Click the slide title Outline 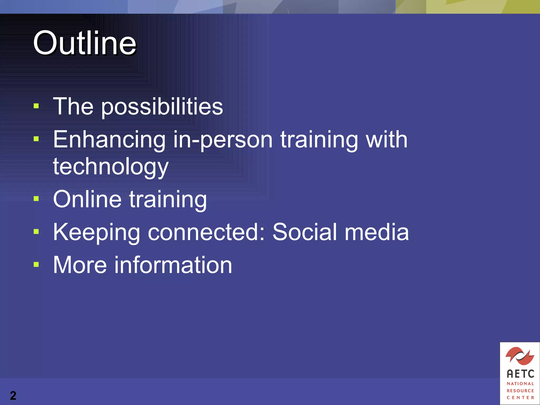tap(84, 43)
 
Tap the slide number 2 tap(13, 396)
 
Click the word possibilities tap(162, 107)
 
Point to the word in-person tap(223, 140)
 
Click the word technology tap(111, 167)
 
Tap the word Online tap(87, 199)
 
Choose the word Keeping tap(96, 233)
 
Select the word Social tap(305, 232)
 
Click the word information tap(173, 265)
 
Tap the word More tap(80, 265)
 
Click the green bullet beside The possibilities tap(36, 106)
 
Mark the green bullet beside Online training tap(36, 199)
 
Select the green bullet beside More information tap(36, 264)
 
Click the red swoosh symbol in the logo tap(520, 356)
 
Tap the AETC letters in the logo tap(520, 374)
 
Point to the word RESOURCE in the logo tap(520, 390)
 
